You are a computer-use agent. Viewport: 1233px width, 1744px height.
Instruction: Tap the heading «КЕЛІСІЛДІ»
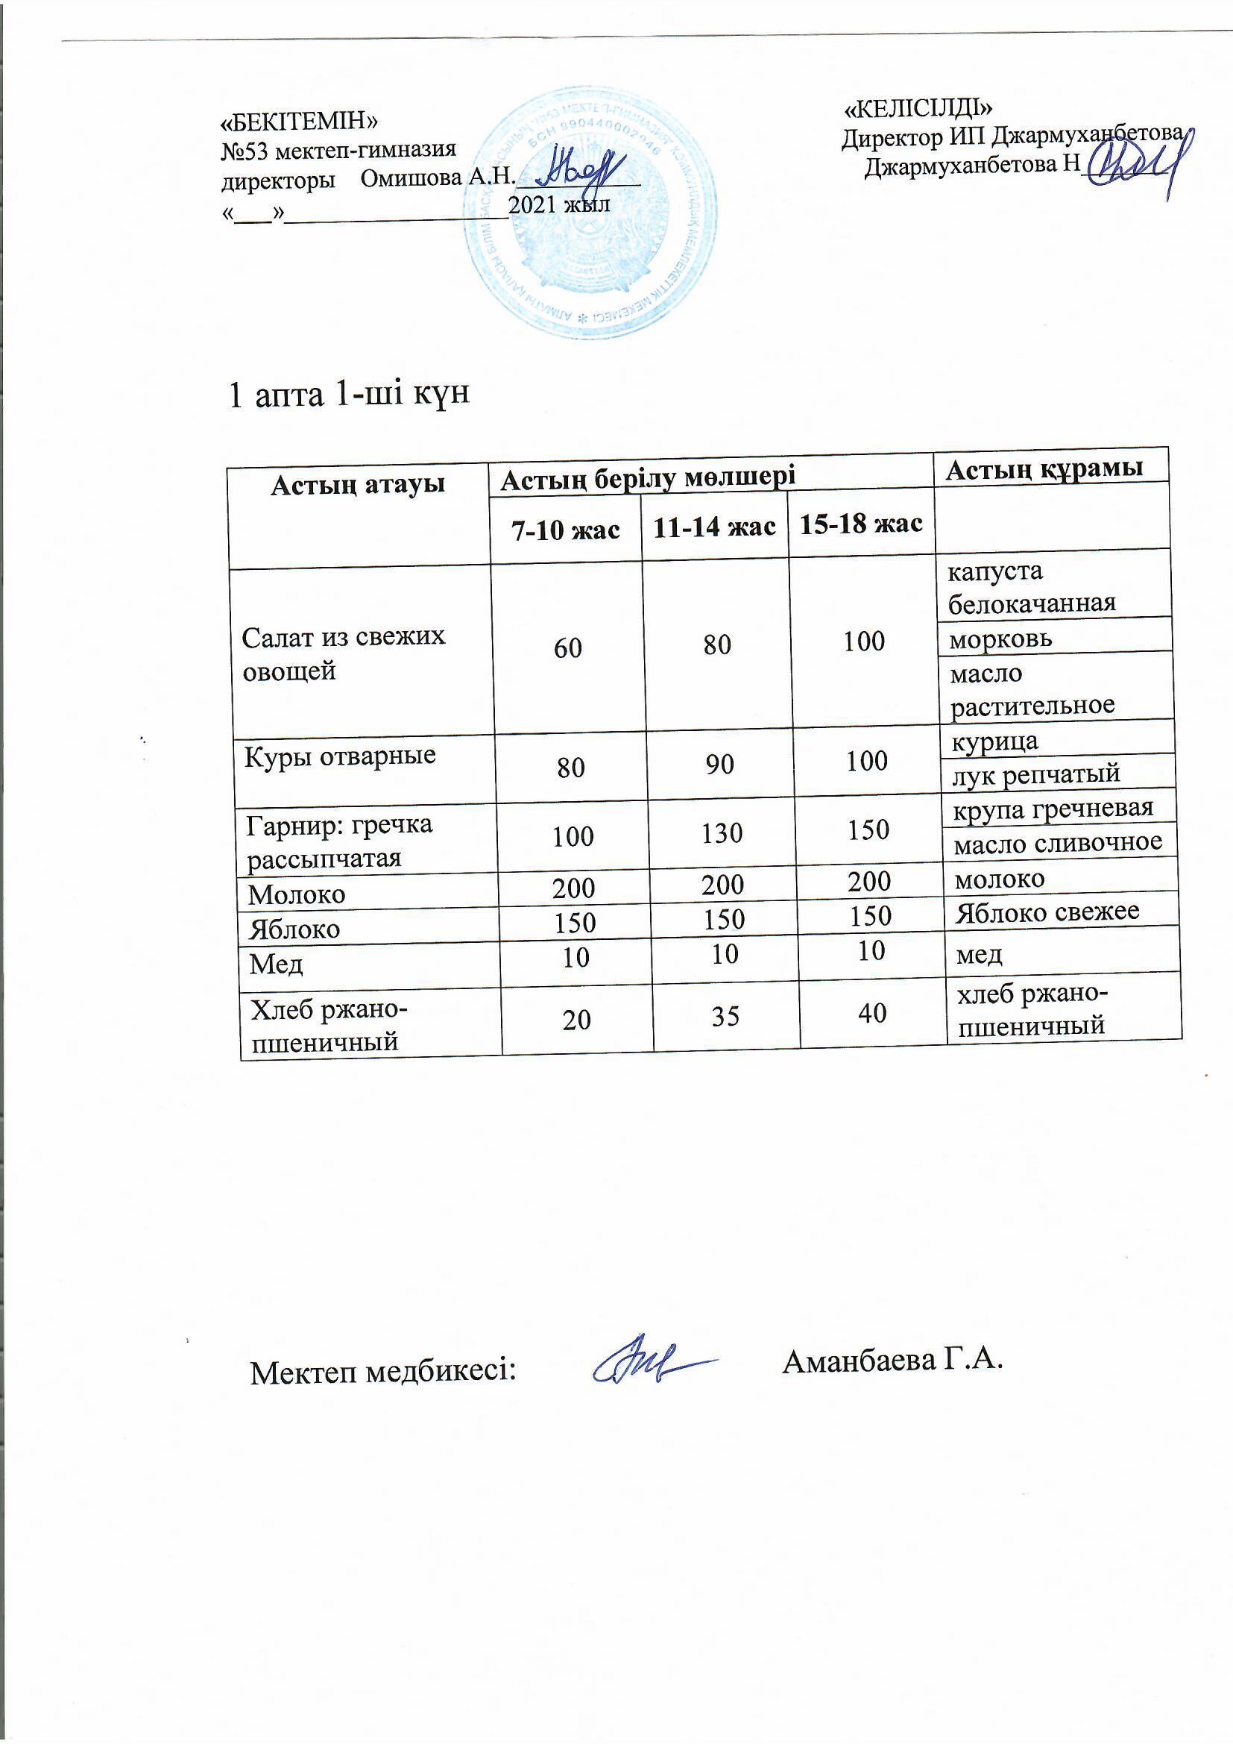click(918, 110)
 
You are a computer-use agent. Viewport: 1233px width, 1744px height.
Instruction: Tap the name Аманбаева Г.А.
click(892, 1361)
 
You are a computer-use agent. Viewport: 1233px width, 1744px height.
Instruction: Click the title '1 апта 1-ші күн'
click(349, 393)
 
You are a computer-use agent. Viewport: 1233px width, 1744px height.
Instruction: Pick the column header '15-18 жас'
click(861, 524)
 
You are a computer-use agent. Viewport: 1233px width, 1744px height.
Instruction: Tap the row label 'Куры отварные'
click(339, 756)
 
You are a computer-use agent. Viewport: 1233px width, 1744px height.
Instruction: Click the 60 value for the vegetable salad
click(568, 648)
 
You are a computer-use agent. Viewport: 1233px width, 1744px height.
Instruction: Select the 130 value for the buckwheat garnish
click(722, 834)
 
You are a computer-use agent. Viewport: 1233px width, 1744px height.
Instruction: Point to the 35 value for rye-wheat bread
click(725, 1015)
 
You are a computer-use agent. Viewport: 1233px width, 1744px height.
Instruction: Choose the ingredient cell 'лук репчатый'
click(1035, 774)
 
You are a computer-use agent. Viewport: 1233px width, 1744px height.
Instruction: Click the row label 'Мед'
click(277, 964)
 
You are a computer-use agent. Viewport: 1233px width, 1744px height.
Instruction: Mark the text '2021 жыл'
click(559, 204)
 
